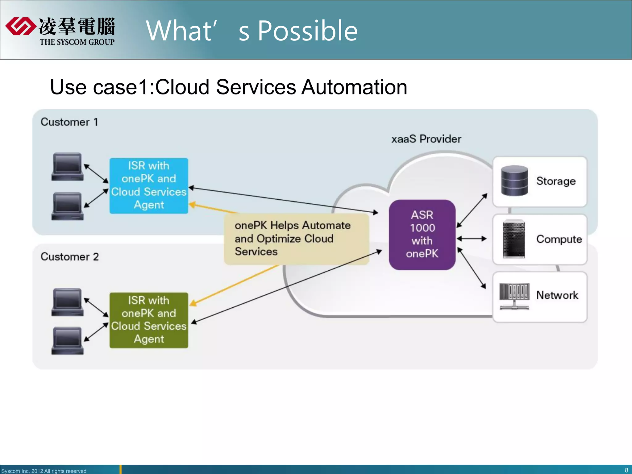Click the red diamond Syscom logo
click(20, 26)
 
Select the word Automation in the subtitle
click(354, 87)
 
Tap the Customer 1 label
click(69, 122)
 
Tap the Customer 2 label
click(70, 257)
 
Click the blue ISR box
click(149, 186)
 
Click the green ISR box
click(149, 320)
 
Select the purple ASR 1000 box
click(422, 235)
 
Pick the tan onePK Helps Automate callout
click(296, 239)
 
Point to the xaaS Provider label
click(426, 139)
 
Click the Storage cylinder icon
click(514, 181)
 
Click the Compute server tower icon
click(514, 239)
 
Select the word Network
click(557, 295)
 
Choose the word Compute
click(559, 239)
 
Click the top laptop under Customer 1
click(67, 167)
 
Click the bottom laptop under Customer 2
click(67, 341)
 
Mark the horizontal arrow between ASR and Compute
click(472, 239)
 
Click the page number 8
click(626, 470)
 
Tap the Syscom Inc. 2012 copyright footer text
click(44, 471)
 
